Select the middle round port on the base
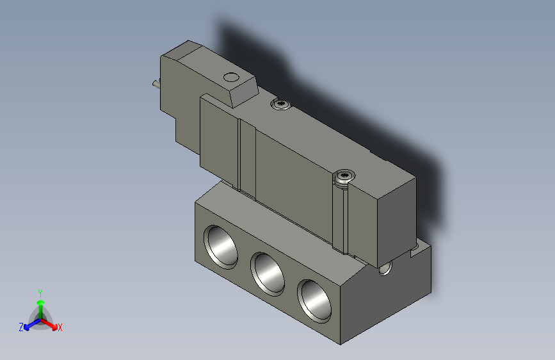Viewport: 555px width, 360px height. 268,272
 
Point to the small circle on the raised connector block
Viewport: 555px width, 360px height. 229,78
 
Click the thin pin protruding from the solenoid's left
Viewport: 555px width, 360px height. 154,84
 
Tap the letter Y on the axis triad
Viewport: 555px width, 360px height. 40,291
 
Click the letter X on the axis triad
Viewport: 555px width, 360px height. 60,328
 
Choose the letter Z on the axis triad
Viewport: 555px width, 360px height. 20,327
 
